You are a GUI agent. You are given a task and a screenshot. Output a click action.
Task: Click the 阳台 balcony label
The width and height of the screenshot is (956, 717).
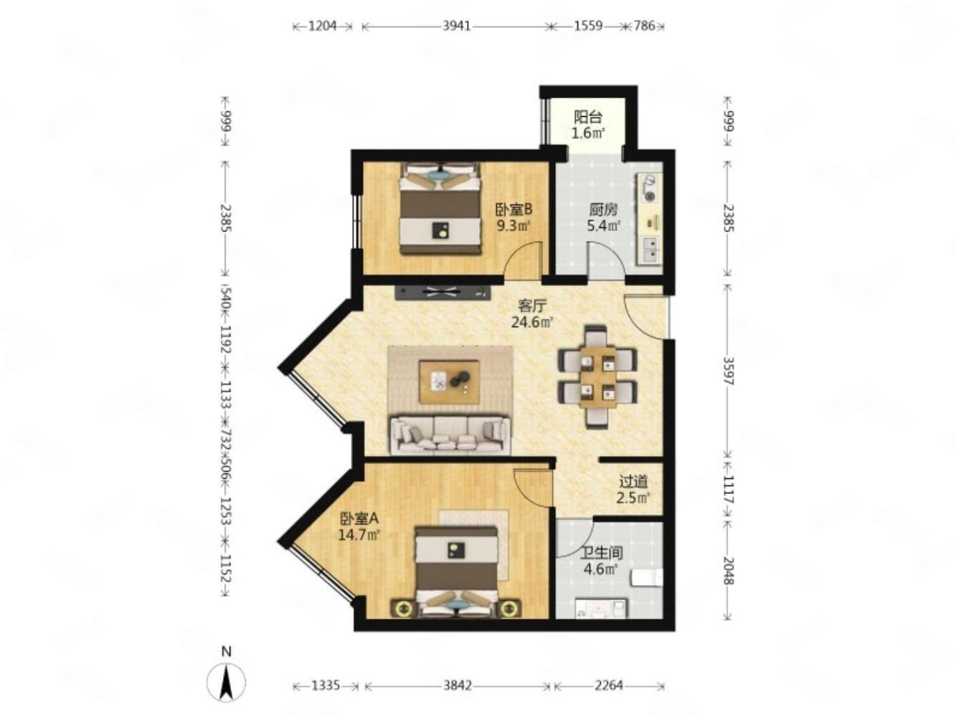(x=587, y=117)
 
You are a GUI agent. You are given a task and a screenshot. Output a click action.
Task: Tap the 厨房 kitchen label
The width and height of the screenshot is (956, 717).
(x=603, y=210)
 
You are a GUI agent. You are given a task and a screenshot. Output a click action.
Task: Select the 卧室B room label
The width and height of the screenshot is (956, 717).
(x=514, y=210)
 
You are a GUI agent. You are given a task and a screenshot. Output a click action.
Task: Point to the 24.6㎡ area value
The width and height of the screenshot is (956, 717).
(x=531, y=323)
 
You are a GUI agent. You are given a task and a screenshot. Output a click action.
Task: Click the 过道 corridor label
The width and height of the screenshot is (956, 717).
(x=634, y=482)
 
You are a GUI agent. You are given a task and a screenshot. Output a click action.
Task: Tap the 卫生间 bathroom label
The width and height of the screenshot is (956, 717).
(x=602, y=554)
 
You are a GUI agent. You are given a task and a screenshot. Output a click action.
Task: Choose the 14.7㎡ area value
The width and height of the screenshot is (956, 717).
(x=360, y=534)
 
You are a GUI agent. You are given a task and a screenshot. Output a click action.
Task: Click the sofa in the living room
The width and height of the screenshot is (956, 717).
(x=450, y=435)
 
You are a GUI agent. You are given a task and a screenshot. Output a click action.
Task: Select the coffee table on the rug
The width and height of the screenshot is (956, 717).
(x=449, y=381)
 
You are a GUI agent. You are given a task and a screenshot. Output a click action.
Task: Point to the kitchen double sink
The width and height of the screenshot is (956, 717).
(x=650, y=250)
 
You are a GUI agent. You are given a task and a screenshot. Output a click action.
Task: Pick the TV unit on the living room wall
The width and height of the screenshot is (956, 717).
(x=442, y=292)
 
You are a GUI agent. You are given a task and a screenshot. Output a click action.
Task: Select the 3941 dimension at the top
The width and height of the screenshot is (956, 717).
(x=456, y=26)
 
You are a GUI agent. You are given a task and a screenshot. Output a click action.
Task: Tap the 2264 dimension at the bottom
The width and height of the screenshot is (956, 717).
(x=608, y=686)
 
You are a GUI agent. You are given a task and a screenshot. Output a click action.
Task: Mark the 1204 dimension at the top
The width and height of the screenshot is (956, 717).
(x=322, y=26)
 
